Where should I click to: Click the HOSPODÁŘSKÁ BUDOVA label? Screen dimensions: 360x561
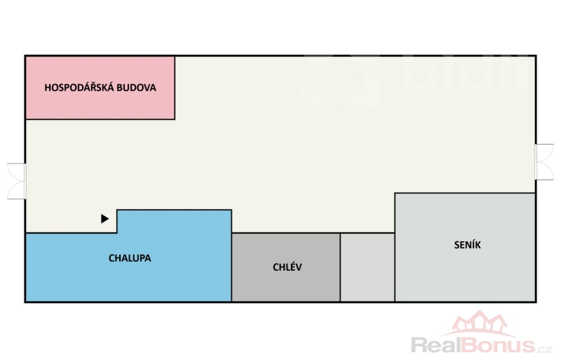[100, 88]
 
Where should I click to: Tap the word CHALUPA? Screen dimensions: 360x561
[130, 258]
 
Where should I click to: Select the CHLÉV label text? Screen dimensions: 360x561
[288, 267]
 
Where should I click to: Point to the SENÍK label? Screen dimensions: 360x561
[467, 245]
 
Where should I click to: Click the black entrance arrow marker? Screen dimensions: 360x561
[105, 219]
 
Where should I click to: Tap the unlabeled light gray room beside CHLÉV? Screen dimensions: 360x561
[367, 267]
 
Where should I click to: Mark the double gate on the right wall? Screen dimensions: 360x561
[544, 162]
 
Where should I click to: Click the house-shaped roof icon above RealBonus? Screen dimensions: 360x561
[478, 324]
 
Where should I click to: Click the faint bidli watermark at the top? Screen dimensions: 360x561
[421, 77]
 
